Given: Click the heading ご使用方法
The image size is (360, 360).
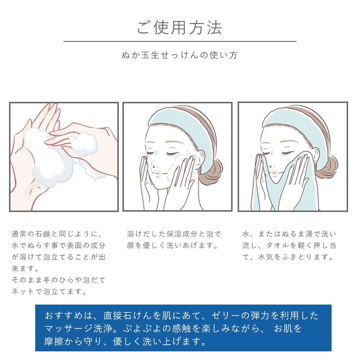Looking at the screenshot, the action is coord(180,28).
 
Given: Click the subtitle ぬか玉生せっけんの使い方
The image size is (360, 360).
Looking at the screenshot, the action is coord(180,55).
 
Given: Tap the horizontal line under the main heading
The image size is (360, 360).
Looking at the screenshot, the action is coord(180,41).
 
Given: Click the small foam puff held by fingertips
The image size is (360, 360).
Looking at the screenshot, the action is coord(84,144).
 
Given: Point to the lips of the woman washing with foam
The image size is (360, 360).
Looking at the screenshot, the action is coord(158,174).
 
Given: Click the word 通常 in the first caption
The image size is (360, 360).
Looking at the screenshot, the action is coord(19,234).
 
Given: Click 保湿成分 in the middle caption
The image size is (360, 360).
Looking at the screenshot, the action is coord(182,234).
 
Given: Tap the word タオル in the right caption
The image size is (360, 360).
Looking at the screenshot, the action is coord(278,246).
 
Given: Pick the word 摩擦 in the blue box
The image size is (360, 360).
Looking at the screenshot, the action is coord(54,342).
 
